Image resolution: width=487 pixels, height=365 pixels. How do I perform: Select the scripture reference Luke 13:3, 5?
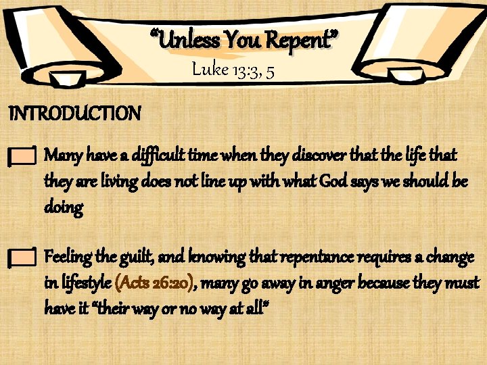click(x=233, y=70)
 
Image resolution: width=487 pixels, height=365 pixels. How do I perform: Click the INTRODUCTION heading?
click(x=74, y=113)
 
